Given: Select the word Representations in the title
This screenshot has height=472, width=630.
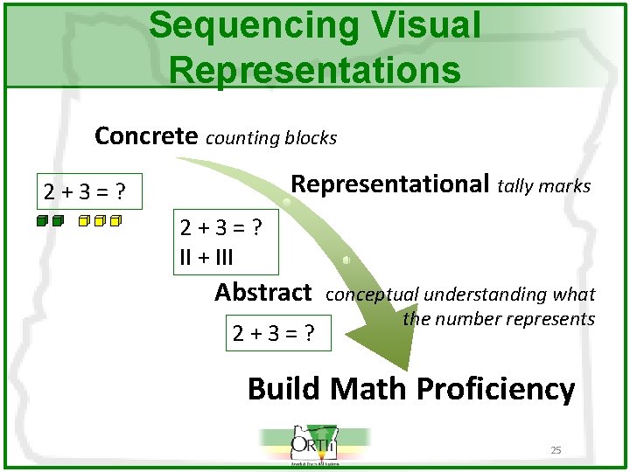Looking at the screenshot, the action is pos(315,69).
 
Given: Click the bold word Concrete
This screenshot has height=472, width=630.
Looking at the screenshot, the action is pos(146,136).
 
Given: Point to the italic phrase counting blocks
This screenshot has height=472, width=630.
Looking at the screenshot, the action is pos(271,138).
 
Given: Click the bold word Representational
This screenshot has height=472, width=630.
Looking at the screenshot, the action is pos(389,184).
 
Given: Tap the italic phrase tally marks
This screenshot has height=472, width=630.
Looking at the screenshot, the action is pos(544,185).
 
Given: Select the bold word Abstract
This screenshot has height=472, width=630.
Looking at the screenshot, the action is pos(263,292).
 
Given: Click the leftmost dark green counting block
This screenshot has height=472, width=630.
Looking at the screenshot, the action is pos(42,221).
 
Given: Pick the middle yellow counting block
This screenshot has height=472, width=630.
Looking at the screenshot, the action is pos(99,221).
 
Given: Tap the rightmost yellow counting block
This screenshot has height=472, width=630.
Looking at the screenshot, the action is pos(115,221).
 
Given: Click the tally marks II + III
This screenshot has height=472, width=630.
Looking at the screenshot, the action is pos(206,258).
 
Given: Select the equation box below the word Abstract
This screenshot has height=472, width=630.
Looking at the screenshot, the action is pos(279,332).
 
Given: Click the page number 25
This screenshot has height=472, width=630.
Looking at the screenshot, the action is pos(556,450).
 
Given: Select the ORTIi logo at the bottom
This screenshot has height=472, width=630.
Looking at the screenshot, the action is pos(315,446).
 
